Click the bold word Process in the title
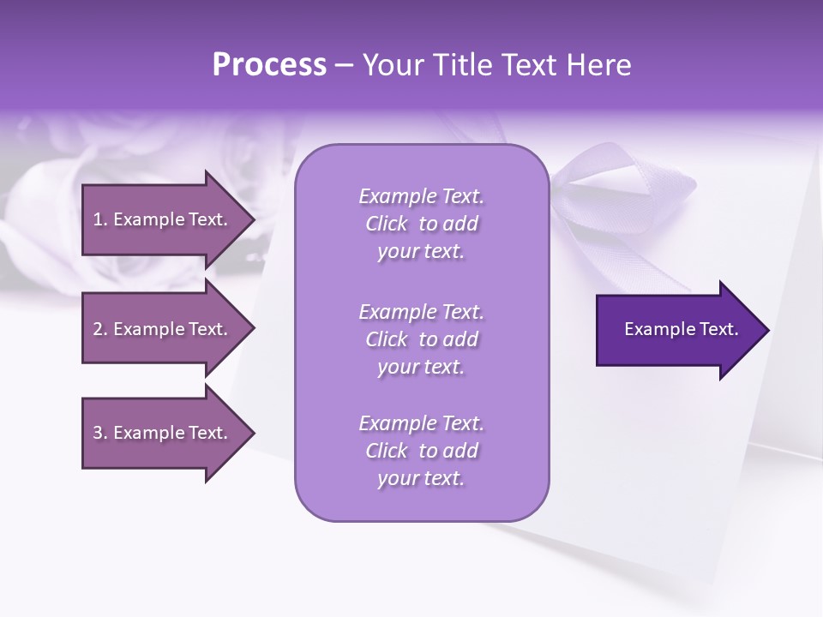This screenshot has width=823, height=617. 269,65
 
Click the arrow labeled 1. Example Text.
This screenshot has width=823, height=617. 163,219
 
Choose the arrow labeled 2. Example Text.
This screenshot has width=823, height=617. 163,329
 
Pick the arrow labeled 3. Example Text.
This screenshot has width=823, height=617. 163,433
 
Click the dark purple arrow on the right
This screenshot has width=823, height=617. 677,330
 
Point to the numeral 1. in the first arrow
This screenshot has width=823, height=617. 99,219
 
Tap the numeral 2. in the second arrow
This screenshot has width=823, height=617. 99,329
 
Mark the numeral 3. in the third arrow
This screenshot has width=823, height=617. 99,433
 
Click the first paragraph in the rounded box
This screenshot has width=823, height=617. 421,224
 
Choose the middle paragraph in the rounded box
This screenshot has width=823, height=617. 421,339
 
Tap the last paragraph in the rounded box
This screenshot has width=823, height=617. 421,451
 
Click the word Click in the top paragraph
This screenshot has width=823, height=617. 387,225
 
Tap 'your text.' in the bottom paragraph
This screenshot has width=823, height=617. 421,478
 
